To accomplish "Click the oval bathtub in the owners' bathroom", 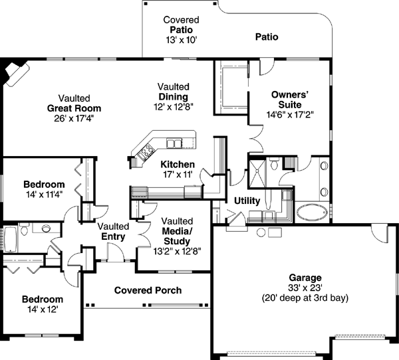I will pyautogui.click(x=311, y=213).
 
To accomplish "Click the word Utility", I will pyautogui.click(x=247, y=201).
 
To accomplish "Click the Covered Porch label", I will pyautogui.click(x=148, y=290).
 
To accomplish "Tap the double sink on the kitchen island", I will pyautogui.click(x=175, y=143).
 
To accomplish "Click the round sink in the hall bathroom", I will pyautogui.click(x=47, y=229).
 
